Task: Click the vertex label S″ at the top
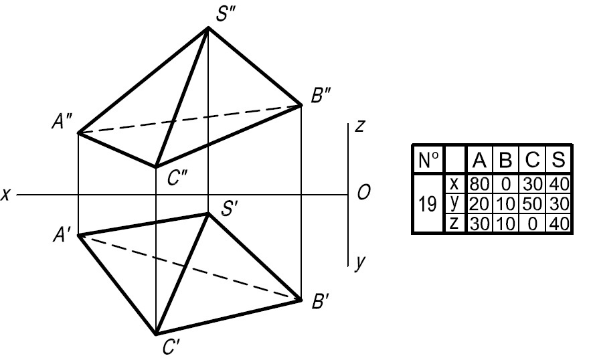pos(226,14)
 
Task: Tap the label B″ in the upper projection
pos(321,95)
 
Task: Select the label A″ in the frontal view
pos(62,122)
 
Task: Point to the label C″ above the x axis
pos(177,178)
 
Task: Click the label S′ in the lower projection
pos(229,208)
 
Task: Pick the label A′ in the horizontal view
pos(61,236)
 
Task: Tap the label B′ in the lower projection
pos(321,301)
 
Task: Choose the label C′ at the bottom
pos(171,347)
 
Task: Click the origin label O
pos(363,193)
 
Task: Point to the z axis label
pos(360,126)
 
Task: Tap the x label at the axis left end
pos(5,195)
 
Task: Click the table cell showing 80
pos(479,184)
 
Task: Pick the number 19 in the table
pos(428,204)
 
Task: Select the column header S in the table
pos(558,160)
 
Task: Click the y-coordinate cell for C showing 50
pos(532,204)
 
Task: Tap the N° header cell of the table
pos(428,160)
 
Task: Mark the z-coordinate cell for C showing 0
pos(532,224)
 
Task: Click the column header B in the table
pos(505,160)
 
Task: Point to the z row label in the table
pos(454,223)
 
